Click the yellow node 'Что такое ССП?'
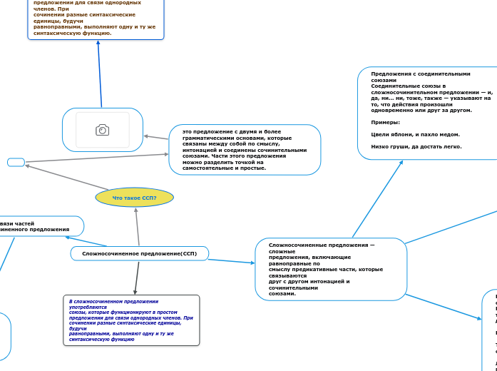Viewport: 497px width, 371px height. tap(134, 198)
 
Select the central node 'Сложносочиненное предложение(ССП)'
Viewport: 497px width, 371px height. tap(139, 253)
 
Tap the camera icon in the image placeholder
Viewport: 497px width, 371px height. tap(103, 130)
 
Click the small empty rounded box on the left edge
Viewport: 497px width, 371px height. tap(16, 162)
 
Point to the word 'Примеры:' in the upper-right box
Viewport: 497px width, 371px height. tap(386, 123)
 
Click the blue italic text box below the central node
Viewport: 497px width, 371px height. tap(131, 320)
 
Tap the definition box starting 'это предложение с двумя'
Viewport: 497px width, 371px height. tap(245, 149)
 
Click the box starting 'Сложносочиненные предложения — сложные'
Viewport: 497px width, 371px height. tap(331, 269)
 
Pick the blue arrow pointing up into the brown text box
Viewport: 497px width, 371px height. tap(99, 71)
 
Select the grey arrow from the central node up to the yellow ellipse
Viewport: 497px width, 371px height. tap(137, 227)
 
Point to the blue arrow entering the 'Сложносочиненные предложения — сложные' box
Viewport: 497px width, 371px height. tap(232, 261)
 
